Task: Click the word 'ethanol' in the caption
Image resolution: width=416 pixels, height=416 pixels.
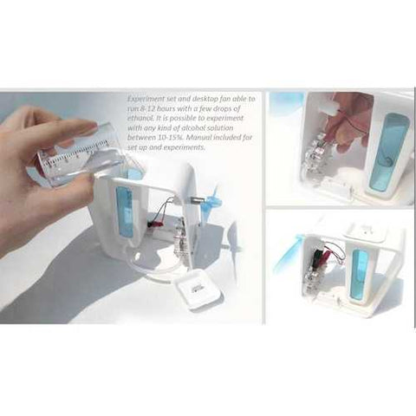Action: tap(138, 119)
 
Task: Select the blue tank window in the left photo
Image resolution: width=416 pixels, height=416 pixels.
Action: tap(123, 212)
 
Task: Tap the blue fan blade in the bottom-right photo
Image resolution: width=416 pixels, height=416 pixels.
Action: tap(286, 251)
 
